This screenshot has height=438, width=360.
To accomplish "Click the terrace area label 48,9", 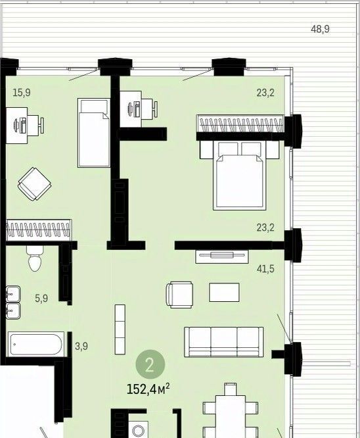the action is tap(320, 29).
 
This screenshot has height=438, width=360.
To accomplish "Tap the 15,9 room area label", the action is tap(22, 93).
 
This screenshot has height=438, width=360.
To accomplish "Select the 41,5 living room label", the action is tap(265, 269).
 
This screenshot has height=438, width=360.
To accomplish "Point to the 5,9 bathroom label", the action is tap(41, 298).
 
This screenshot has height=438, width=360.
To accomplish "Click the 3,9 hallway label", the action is tap(81, 346).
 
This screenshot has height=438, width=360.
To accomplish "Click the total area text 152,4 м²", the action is tap(148, 389).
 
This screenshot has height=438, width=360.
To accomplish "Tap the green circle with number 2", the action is tap(150, 364).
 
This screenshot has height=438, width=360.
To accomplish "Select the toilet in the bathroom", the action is tap(35, 258).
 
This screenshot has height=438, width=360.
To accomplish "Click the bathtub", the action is tap(35, 344).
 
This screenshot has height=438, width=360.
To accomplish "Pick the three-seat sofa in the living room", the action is tap(224, 342).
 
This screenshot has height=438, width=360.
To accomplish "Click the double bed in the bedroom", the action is tap(239, 175).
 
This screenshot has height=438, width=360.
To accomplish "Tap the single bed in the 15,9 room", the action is tap(94, 132).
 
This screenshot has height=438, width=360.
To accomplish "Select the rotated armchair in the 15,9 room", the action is tap(35, 183).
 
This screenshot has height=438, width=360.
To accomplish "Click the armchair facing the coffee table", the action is tap(179, 295).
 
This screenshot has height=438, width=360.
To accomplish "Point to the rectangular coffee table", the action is tap(224, 293).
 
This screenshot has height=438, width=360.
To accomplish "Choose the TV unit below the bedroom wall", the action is tap(222, 256).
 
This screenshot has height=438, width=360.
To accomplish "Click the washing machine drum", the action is tap(138, 431).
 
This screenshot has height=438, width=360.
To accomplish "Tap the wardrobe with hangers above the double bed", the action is tap(240, 123).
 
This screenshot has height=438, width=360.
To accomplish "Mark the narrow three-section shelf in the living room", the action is tap(120, 329).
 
